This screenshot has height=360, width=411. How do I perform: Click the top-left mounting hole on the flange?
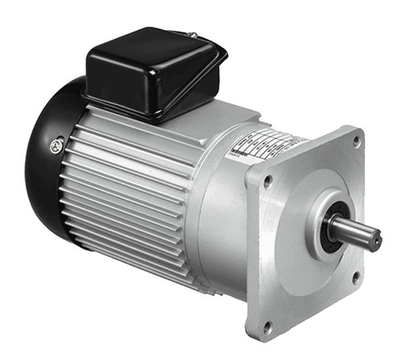(268, 182)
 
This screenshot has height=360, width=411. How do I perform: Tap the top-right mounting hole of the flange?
(357, 140)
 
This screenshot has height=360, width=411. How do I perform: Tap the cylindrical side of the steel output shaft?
(353, 230)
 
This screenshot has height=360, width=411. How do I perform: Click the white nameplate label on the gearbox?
(262, 147)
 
